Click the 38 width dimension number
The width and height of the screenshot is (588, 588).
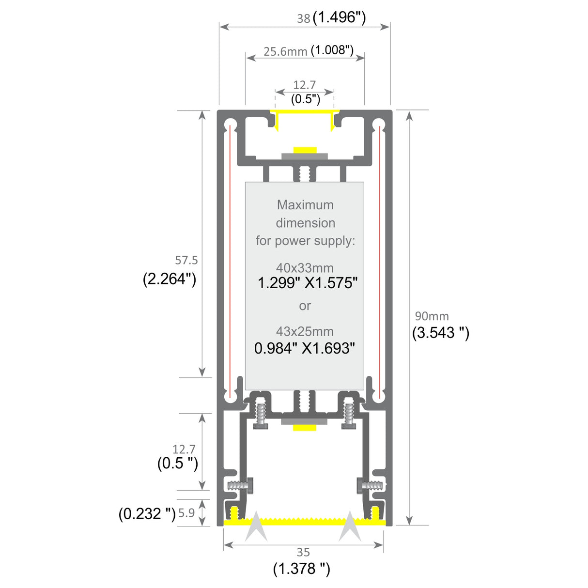[303, 18]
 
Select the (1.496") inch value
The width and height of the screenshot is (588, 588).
[339, 17]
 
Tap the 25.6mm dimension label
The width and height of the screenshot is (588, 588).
[285, 51]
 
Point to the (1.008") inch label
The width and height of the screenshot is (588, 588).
[332, 50]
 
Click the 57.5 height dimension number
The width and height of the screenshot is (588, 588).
[186, 260]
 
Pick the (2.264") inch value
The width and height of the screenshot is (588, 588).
[170, 279]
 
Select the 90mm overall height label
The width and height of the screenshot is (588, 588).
[432, 316]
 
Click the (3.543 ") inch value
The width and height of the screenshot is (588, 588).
[440, 332]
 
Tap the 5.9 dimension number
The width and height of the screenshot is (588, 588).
[186, 512]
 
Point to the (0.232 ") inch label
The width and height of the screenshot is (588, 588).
[147, 513]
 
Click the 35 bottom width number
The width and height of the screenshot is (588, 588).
[303, 552]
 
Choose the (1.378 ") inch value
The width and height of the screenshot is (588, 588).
[301, 568]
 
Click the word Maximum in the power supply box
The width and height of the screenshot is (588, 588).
[305, 205]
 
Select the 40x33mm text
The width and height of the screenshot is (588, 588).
[305, 267]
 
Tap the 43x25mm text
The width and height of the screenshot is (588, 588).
[305, 331]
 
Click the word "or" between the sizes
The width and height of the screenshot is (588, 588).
[305, 306]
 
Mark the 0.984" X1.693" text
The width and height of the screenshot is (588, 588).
[305, 348]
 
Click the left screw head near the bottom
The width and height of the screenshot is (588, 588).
[250, 485]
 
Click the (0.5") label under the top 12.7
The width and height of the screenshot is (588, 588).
[305, 99]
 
